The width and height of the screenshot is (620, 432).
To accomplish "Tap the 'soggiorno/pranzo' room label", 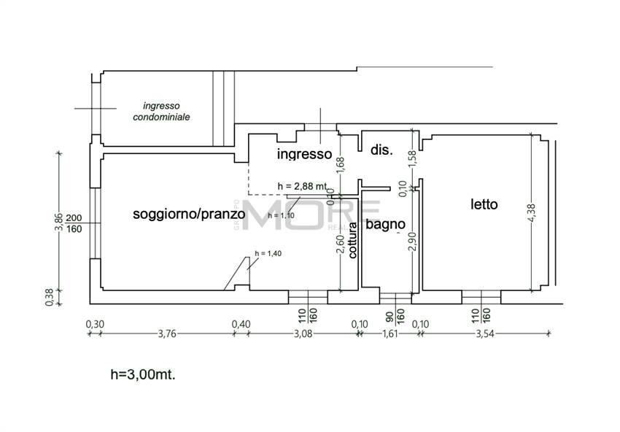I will tap(188, 214).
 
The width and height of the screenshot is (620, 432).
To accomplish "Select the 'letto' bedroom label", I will tap(484, 204).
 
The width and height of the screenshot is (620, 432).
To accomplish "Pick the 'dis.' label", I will tap(381, 150).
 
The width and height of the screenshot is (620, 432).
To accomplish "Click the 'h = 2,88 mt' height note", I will tap(302, 187).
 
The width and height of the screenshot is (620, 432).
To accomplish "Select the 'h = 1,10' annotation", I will tap(281, 215).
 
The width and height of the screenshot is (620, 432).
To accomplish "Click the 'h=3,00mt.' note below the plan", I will tap(143, 374).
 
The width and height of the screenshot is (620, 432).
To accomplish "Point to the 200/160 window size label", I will tap(74, 223).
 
